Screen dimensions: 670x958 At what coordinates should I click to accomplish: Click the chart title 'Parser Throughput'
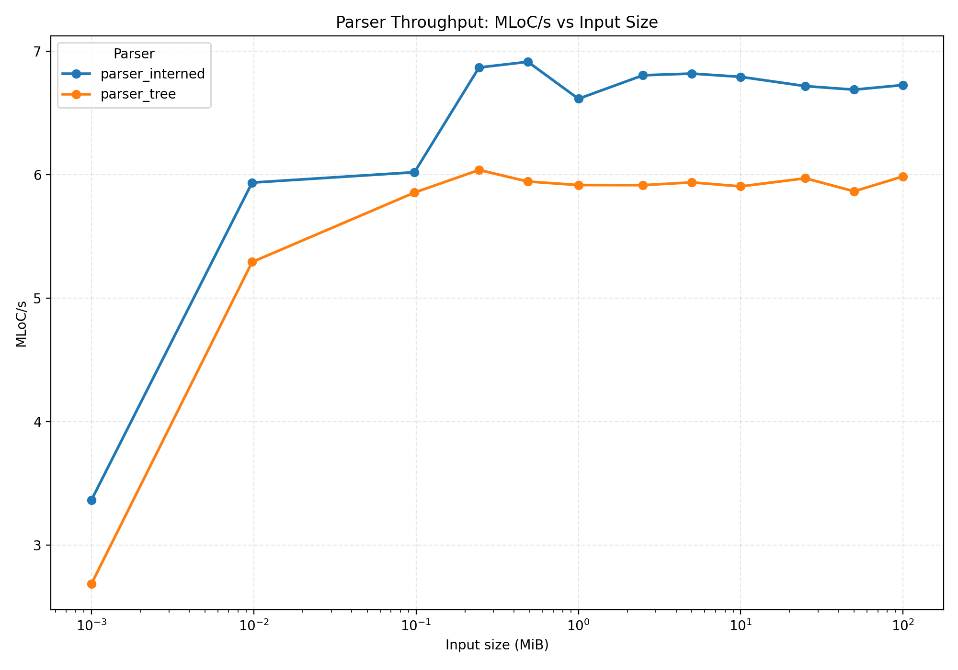497,22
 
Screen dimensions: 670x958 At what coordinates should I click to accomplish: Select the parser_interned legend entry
152,74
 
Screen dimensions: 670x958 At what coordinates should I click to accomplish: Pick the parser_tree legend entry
138,94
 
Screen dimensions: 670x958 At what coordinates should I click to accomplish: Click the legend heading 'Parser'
134,54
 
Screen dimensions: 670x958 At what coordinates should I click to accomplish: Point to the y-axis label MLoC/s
21,324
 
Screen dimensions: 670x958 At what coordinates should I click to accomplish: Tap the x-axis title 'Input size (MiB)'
497,645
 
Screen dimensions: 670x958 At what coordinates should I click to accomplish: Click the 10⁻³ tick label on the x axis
91,625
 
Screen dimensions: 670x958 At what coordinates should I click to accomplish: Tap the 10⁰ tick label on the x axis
578,625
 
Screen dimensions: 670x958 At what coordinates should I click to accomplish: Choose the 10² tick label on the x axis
903,625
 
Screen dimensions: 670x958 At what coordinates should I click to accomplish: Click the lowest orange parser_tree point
91,584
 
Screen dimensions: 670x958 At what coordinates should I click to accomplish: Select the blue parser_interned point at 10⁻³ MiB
91,500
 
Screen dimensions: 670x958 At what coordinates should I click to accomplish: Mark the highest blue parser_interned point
528,62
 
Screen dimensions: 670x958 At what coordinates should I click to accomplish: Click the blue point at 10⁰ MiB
579,99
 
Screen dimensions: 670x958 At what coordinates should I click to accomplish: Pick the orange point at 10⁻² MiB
252,262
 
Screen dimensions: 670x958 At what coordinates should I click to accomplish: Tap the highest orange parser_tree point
479,170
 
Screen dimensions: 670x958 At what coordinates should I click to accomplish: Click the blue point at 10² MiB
903,85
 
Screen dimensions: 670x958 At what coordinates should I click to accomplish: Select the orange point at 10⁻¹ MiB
415,192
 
